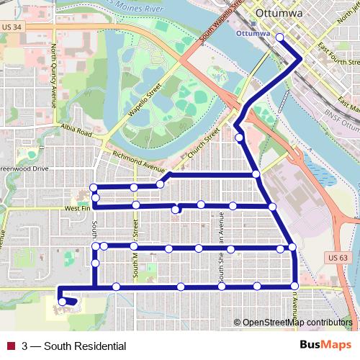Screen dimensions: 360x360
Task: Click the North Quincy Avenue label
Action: (x=53, y=75)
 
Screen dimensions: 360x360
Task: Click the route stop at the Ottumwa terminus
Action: (x=280, y=38)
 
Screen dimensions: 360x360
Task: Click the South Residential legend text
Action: (x=75, y=346)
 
